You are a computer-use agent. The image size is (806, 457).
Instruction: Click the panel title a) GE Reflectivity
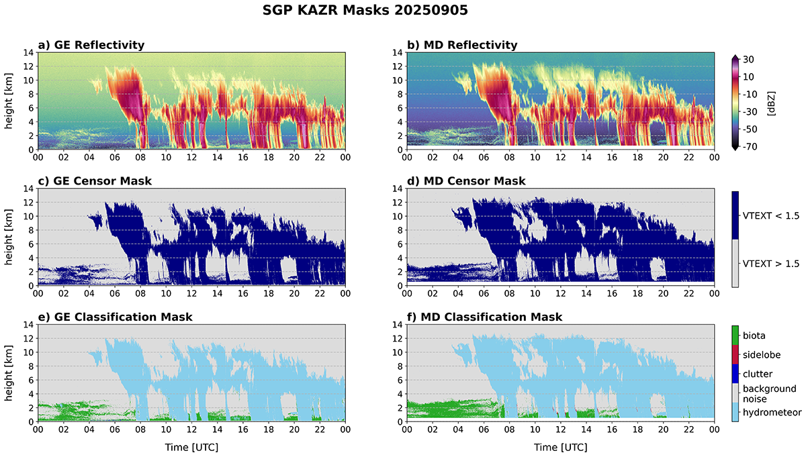click(91, 45)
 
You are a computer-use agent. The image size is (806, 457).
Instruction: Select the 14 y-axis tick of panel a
click(28, 52)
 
